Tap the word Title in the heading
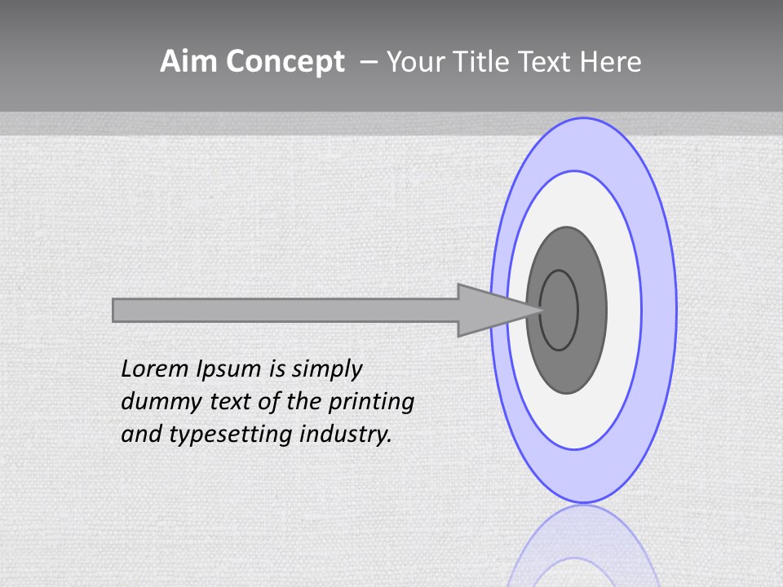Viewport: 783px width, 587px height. [x=480, y=62]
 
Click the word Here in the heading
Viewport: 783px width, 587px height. [x=610, y=62]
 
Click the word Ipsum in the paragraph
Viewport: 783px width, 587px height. [x=229, y=370]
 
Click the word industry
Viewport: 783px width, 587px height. [x=346, y=435]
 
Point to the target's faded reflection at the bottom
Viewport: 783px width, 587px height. [x=583, y=546]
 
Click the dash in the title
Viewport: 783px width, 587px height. [x=368, y=62]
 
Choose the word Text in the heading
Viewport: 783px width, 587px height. [x=546, y=62]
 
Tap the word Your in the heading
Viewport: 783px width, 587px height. [x=414, y=62]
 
